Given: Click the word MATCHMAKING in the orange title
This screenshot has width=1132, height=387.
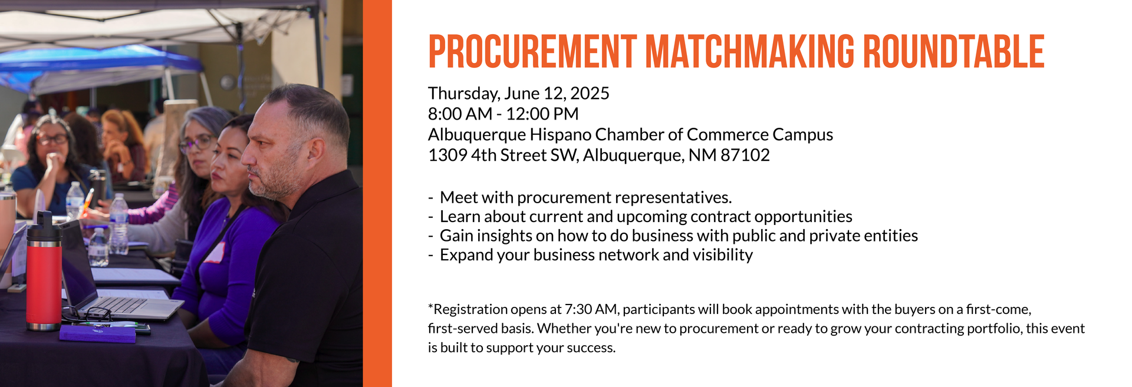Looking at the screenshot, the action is point(749,52).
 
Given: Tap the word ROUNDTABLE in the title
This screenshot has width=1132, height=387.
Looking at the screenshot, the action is point(954,52).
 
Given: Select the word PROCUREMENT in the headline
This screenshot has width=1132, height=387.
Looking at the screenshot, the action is point(532,52).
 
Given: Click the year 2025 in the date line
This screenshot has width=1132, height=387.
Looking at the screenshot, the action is point(590,93).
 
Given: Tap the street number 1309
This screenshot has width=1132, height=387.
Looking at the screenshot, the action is point(447,155).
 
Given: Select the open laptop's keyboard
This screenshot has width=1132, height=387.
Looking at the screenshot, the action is point(121,305).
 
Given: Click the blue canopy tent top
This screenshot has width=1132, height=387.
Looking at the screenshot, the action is point(100,65).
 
